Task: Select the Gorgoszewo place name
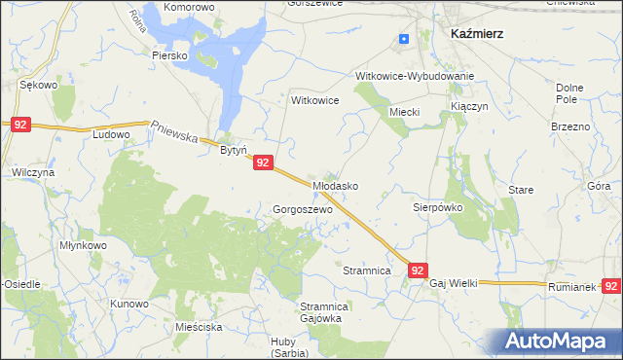pyautogui.click(x=303, y=209)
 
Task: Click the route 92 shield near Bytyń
pyautogui.click(x=263, y=164)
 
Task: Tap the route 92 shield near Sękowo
pyautogui.click(x=21, y=125)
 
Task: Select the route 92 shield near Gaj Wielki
pyautogui.click(x=418, y=271)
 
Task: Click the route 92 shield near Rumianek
pyautogui.click(x=611, y=286)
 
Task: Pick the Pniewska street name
pyautogui.click(x=176, y=129)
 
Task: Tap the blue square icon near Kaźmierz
pyautogui.click(x=404, y=39)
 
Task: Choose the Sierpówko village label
pyautogui.click(x=437, y=207)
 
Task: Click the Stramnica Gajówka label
pyautogui.click(x=317, y=313)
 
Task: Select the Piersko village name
pyautogui.click(x=168, y=55)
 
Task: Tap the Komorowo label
pyautogui.click(x=189, y=7)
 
